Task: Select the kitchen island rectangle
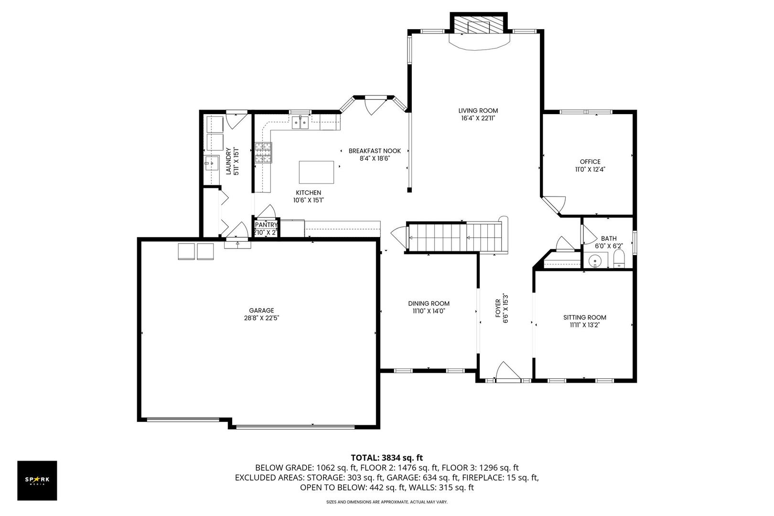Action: (x=316, y=172)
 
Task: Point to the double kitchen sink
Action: (x=300, y=123)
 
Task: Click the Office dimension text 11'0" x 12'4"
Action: (x=590, y=169)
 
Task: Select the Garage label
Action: (x=261, y=310)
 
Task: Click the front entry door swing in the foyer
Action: (x=506, y=372)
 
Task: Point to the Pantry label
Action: (x=266, y=225)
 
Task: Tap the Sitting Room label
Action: (x=584, y=317)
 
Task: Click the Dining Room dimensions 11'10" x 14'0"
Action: (x=429, y=311)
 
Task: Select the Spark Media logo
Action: (x=37, y=480)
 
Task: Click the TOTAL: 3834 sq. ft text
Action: (x=387, y=457)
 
